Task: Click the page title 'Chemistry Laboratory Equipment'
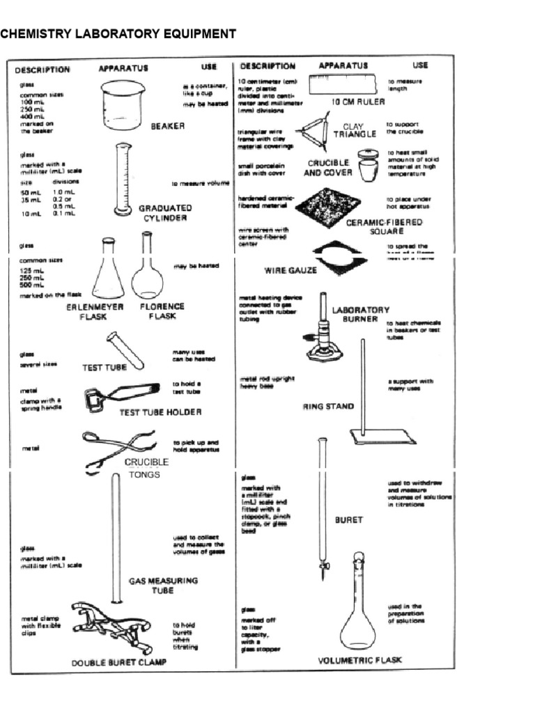point(118,33)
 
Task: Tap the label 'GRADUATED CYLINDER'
point(165,212)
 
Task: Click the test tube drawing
point(125,350)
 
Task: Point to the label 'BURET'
point(350,519)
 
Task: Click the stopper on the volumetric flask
point(358,557)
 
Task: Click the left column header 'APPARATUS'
point(123,68)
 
